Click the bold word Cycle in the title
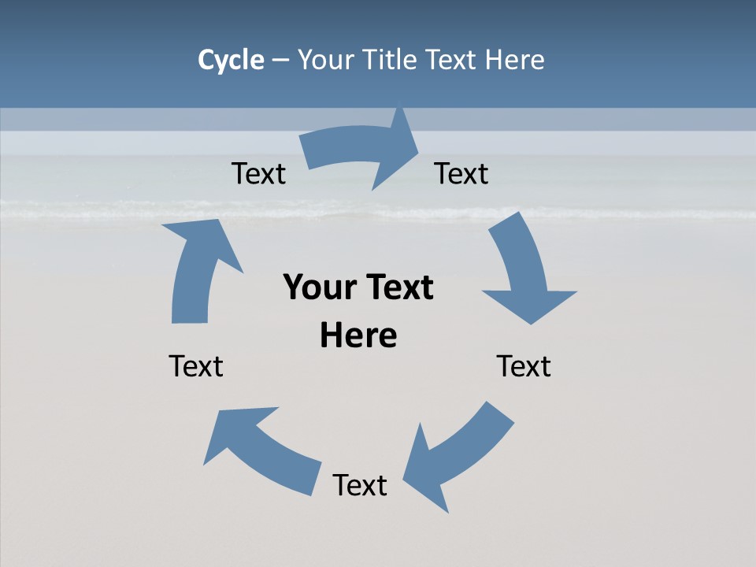(231, 60)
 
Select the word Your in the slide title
(326, 60)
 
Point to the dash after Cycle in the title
(280, 60)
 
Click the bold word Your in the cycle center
(319, 287)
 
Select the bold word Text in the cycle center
(397, 287)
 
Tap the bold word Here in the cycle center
(358, 335)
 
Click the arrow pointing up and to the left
(260, 449)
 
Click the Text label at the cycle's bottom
(360, 485)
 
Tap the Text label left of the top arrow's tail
(258, 173)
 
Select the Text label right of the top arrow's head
(461, 173)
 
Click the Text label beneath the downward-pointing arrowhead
(524, 366)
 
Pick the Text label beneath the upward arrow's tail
(196, 366)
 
